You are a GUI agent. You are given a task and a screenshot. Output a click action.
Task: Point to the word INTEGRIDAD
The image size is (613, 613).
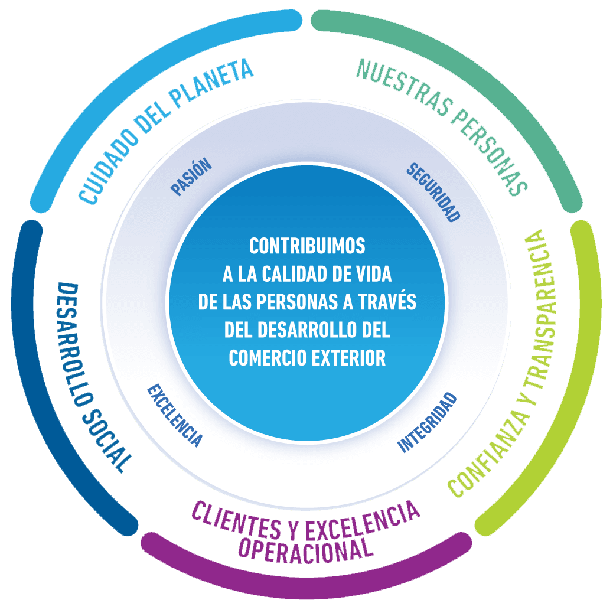[428, 422]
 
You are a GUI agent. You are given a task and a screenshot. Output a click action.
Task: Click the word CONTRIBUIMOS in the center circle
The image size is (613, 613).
[307, 245]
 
